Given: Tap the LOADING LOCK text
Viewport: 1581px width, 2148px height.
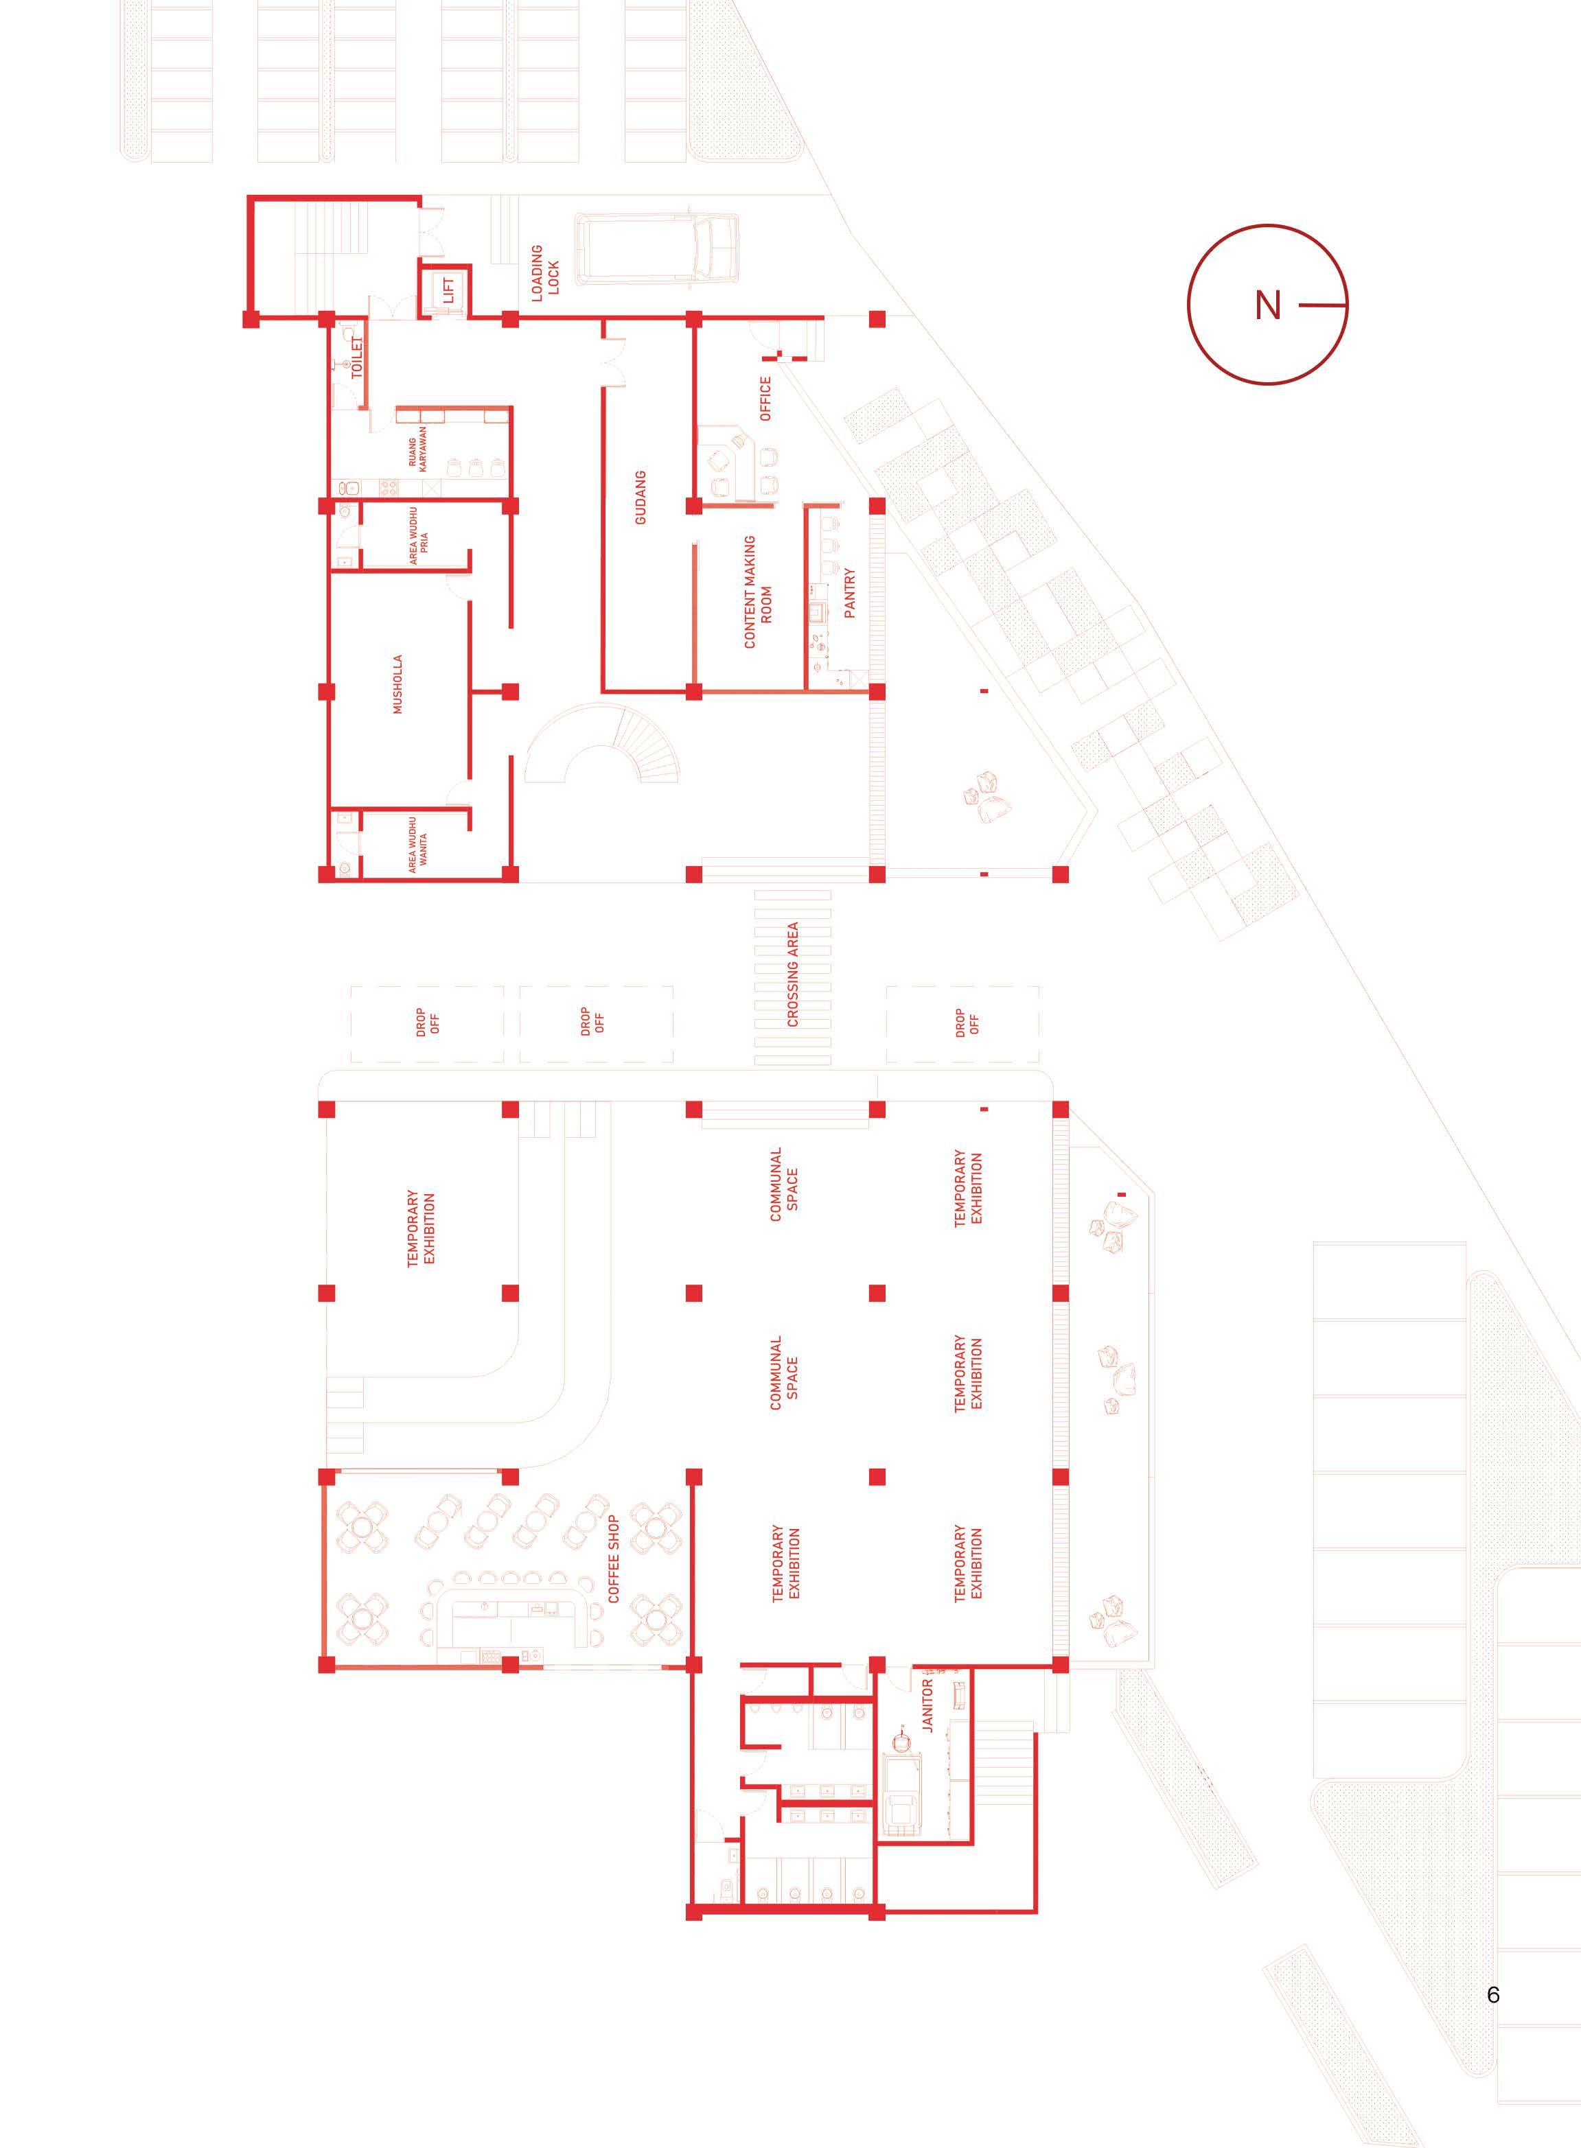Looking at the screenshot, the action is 544,272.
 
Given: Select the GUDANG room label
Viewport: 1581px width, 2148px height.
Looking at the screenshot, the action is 641,497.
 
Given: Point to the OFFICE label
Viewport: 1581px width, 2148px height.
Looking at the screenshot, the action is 765,398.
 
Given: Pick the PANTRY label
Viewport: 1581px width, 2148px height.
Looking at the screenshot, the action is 849,593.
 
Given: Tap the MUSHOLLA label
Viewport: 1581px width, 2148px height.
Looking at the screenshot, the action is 397,684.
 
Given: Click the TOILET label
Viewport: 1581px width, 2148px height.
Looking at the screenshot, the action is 358,358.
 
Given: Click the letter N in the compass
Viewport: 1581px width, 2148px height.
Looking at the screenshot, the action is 1267,305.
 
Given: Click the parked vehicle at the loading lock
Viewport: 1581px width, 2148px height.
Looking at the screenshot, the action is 656,248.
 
